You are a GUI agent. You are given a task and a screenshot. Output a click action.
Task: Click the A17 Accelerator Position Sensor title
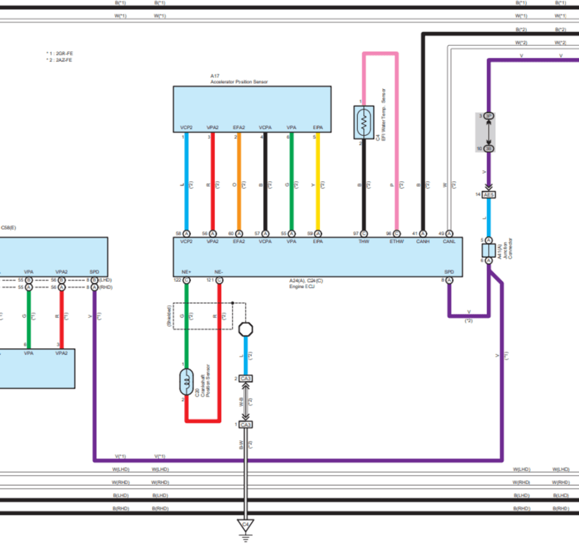tap(239, 79)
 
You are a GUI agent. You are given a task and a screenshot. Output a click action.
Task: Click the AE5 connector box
tap(489, 195)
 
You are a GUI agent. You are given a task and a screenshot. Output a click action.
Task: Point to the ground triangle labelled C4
tap(245, 525)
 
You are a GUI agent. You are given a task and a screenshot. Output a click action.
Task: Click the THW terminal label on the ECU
tap(364, 241)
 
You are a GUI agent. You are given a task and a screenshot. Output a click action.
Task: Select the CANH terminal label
tap(423, 241)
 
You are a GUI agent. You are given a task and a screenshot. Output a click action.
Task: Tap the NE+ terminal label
tap(186, 271)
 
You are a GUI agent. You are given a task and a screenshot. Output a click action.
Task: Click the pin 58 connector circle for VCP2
tap(186, 233)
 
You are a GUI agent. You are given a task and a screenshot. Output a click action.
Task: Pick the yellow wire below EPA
tap(318, 181)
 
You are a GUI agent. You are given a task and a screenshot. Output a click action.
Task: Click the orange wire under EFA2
tap(239, 181)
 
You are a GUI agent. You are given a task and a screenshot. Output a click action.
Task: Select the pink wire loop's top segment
tap(379, 54)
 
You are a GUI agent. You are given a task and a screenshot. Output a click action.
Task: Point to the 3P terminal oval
tap(489, 116)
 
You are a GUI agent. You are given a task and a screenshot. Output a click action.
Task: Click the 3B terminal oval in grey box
tap(489, 149)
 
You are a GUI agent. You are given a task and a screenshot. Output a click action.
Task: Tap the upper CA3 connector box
tap(245, 378)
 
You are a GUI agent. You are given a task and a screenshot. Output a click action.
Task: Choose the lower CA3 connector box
tap(245, 424)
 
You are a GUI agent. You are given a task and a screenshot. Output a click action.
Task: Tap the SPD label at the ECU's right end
tap(449, 271)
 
